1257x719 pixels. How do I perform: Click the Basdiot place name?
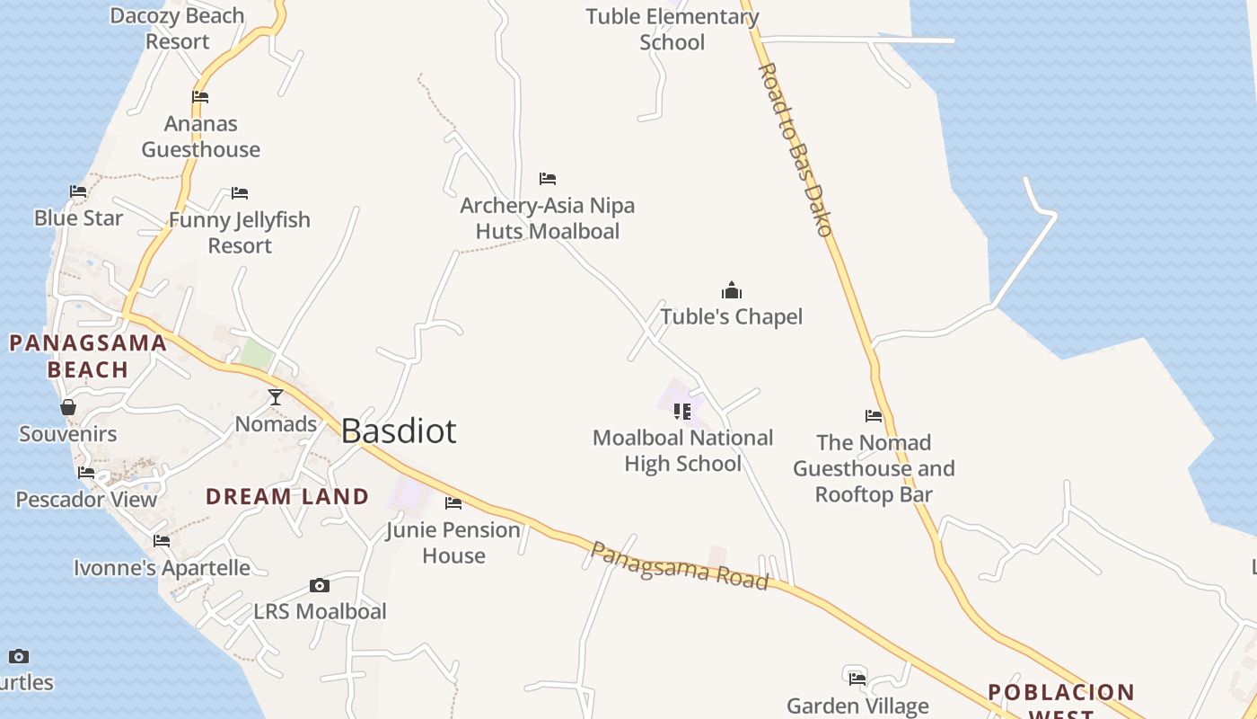coord(399,431)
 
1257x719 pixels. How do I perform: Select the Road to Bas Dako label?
coord(796,149)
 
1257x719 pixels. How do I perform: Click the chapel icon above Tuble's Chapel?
coord(732,290)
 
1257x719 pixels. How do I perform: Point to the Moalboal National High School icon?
coord(682,412)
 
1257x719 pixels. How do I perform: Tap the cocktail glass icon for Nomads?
coord(276,396)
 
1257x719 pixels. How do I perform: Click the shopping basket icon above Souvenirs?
coord(68,407)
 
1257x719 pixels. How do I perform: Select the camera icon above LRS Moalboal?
coord(319,586)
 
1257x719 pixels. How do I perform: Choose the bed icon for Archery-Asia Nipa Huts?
coord(548,179)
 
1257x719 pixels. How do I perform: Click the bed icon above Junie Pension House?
coord(453,503)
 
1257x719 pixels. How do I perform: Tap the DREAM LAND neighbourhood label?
coord(287,496)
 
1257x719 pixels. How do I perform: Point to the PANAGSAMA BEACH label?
coord(88,356)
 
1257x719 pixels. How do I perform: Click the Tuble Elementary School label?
coord(672,29)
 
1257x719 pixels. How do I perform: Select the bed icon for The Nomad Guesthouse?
coord(874,416)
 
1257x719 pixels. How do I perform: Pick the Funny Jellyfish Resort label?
coord(240,233)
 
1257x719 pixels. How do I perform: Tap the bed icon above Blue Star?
coord(78,191)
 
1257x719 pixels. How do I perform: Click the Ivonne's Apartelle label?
coord(162,568)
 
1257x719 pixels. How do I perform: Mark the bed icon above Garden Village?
coord(857,678)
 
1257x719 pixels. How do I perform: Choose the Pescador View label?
coord(86,500)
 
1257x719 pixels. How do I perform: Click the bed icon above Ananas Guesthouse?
coord(200,97)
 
